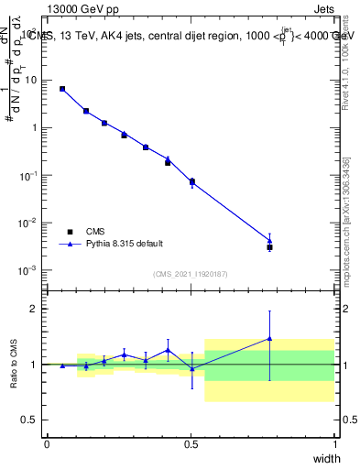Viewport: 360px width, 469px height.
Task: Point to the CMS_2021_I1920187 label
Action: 190,274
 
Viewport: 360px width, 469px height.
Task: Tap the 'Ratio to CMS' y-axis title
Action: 15,365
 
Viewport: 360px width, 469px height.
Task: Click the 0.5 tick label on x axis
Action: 191,444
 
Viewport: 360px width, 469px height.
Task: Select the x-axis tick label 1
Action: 334,444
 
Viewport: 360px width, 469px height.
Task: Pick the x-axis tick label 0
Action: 48,444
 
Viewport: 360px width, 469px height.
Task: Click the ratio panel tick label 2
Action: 36,309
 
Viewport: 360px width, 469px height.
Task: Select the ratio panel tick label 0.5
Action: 31,420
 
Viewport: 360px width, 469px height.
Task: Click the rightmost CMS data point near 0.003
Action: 269,247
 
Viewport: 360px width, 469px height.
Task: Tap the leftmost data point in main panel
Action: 62,89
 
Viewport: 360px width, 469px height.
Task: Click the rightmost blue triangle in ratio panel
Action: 269,338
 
